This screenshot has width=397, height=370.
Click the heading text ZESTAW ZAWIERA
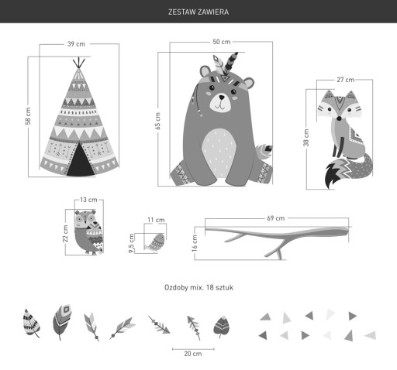(x=198, y=12)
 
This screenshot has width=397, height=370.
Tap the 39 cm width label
(x=76, y=44)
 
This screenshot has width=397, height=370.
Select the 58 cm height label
(x=28, y=116)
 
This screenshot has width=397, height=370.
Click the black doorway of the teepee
(x=80, y=161)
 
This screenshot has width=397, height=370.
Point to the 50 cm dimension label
(x=222, y=42)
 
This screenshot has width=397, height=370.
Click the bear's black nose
(x=222, y=98)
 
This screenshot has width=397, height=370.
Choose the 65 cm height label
(x=157, y=121)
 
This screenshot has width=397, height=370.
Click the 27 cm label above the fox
(x=345, y=80)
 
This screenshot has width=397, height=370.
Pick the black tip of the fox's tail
(x=332, y=176)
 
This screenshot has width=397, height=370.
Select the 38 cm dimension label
(x=306, y=138)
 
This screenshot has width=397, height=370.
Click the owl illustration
(x=89, y=232)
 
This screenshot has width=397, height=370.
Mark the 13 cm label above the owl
(x=88, y=200)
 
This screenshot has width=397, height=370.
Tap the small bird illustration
(x=155, y=243)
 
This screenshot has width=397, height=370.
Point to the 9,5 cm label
(x=131, y=243)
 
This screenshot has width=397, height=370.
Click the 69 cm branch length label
(x=276, y=218)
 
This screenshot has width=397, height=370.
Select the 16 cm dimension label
(x=195, y=243)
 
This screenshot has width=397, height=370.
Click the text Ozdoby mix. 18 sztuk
(x=198, y=287)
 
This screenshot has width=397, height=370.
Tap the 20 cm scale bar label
(x=193, y=354)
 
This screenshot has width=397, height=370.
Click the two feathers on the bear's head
(x=225, y=66)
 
